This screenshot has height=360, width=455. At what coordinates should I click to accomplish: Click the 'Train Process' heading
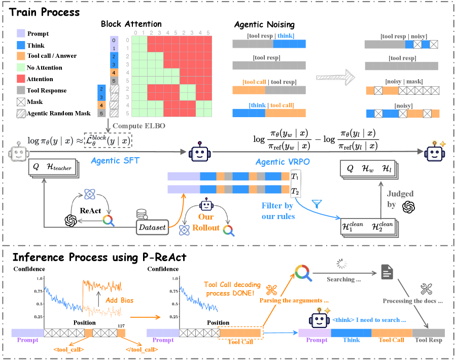(x=44, y=12)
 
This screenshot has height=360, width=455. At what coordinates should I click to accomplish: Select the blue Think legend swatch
(x=21, y=45)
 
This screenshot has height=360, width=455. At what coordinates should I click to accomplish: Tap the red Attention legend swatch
(x=21, y=79)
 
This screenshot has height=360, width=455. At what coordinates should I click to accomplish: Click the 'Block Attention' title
(x=131, y=24)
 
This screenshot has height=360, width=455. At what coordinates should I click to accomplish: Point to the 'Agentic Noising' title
(x=264, y=25)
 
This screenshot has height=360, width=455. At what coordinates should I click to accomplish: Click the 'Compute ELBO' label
(x=138, y=126)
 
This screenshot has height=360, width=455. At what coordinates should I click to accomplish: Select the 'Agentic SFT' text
(x=115, y=161)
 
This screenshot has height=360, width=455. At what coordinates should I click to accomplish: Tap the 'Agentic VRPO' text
(x=283, y=162)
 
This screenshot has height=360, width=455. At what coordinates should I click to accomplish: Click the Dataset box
(x=152, y=227)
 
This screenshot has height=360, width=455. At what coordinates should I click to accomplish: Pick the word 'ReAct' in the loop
(x=90, y=210)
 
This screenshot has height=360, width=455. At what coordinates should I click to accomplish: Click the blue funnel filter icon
(x=317, y=204)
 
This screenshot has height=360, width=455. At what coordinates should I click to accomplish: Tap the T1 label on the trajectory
(x=295, y=176)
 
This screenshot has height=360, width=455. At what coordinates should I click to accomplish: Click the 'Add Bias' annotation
(x=119, y=300)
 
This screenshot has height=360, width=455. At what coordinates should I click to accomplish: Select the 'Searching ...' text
(x=344, y=279)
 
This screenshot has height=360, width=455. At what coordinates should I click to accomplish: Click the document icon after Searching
(x=387, y=272)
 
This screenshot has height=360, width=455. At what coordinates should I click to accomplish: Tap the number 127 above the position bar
(x=121, y=326)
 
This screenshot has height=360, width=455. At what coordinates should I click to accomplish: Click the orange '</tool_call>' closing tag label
(x=142, y=349)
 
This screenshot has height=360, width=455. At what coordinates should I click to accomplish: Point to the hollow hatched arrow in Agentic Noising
(x=335, y=78)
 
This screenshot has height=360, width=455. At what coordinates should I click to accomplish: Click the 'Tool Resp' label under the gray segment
(x=428, y=340)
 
